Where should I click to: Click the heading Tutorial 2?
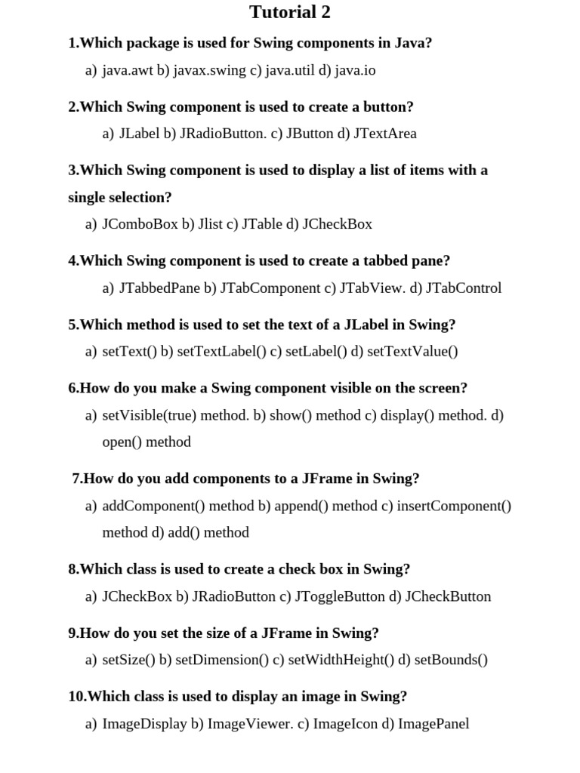pyautogui.click(x=290, y=13)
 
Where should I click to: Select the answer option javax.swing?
pyautogui.click(x=209, y=70)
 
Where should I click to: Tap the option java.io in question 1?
pyautogui.click(x=355, y=70)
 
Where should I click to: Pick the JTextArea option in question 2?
pyautogui.click(x=384, y=134)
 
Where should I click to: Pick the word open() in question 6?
pyautogui.click(x=122, y=442)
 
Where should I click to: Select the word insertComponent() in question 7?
pyautogui.click(x=454, y=505)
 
